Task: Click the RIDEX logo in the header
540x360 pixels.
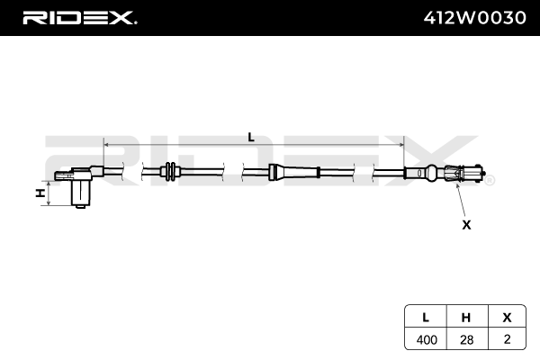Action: coord(79,17)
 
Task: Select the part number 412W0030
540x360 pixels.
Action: coord(474,17)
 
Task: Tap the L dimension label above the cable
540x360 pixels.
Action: coord(251,137)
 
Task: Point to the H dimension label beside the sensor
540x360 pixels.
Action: coord(39,193)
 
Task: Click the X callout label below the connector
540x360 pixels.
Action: coord(466,224)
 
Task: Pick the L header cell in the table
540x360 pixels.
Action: coord(425,317)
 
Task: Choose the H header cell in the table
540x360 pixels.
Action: coord(466,317)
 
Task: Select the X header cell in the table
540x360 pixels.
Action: coord(507,317)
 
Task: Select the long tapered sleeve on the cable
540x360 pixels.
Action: coord(295,172)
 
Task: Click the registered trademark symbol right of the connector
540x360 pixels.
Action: coord(490,181)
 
